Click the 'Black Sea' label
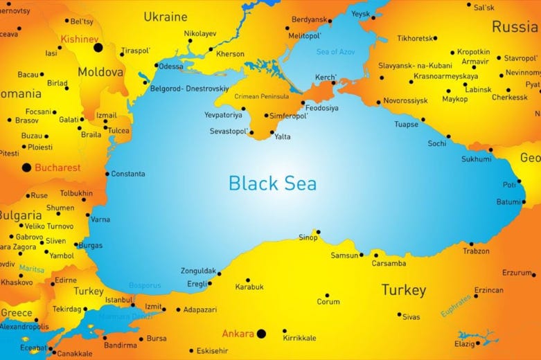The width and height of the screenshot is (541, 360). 272,183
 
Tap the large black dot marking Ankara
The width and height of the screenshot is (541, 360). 261,334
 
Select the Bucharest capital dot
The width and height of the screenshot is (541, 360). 27,168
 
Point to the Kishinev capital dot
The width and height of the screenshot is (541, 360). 98,48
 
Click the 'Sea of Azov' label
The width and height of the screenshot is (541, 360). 335,52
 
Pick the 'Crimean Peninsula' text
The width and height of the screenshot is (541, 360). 262,96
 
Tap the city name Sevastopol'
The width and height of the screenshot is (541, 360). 228,131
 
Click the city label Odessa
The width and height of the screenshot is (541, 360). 171,66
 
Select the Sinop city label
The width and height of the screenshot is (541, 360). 308,238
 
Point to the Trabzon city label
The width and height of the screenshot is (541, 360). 476,251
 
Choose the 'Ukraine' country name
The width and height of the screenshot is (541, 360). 165,16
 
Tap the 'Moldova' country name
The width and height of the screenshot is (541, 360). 100,71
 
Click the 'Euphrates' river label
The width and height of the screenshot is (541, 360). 456,305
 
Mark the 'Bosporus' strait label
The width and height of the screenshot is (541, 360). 145,285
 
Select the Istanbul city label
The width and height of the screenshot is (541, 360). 118,300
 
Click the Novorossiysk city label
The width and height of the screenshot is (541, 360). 405,100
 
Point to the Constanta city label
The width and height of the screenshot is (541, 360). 128,174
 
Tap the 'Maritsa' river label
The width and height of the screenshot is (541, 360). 32,269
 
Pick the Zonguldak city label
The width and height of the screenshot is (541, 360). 198,271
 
